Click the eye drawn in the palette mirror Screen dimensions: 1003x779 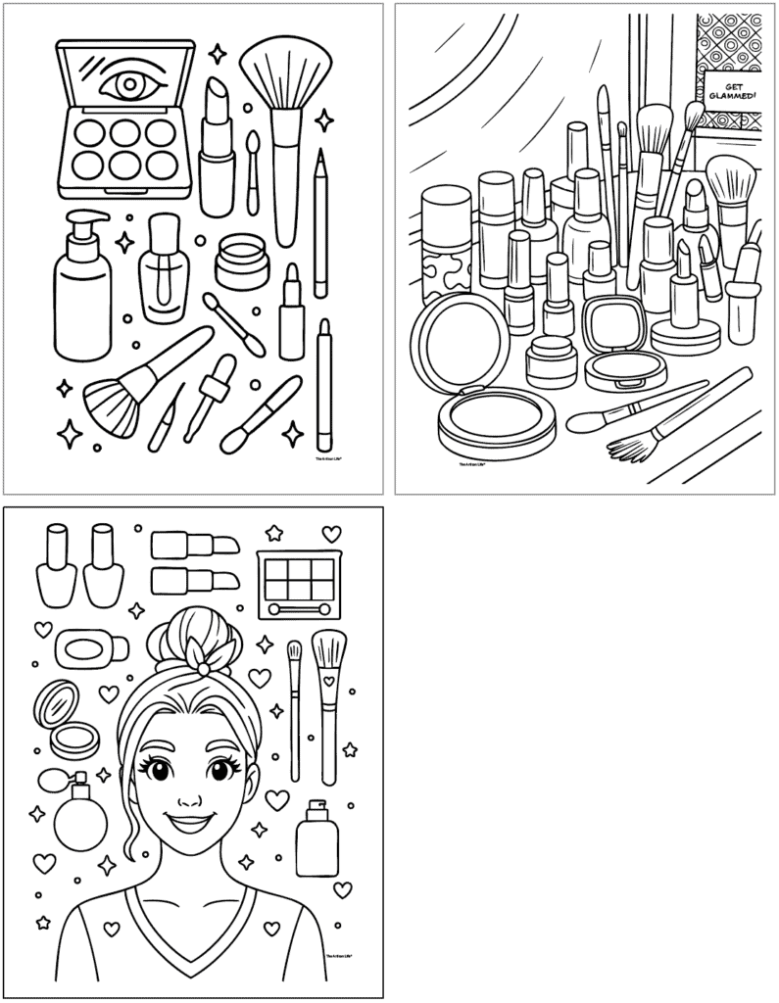[x=127, y=83]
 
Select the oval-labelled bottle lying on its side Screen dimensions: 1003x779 [x=91, y=646]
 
